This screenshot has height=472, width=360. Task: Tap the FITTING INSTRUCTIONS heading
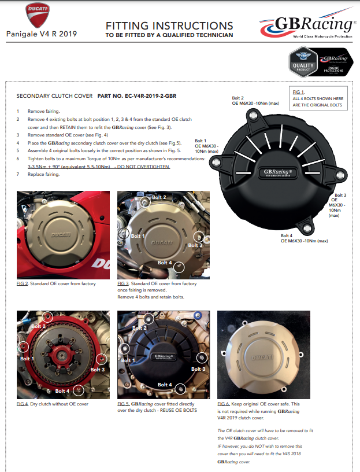169,25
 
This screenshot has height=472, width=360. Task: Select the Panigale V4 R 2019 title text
42,34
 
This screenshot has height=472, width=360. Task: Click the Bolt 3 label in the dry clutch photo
97,369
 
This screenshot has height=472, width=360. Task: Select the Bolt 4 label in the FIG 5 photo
165,385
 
